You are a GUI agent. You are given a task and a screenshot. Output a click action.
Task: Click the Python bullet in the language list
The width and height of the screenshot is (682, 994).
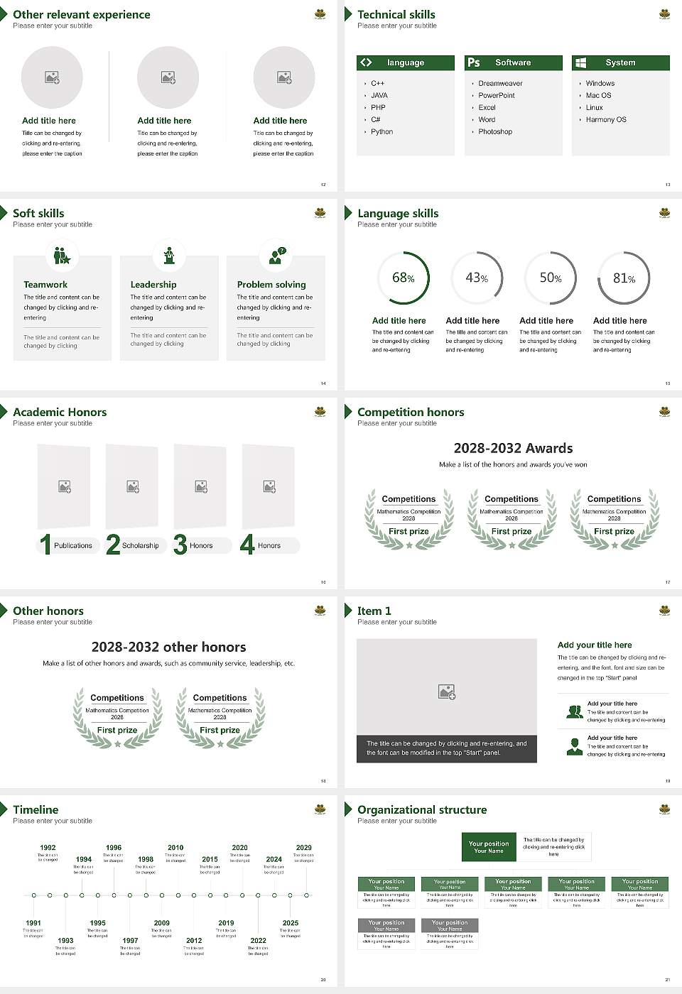[x=381, y=132]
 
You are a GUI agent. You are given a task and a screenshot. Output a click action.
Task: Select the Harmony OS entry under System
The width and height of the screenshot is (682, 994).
[x=605, y=120]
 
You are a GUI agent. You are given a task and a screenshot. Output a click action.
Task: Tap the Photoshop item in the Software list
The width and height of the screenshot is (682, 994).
[x=494, y=132]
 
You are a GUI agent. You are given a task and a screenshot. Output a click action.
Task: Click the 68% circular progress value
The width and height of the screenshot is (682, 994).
[x=403, y=278]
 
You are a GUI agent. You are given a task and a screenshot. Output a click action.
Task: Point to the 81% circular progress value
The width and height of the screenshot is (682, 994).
[x=624, y=278]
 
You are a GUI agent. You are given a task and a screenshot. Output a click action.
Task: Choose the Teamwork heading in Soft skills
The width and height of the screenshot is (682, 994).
[x=45, y=285]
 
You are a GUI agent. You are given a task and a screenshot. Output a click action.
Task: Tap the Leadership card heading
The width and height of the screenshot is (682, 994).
[x=153, y=285]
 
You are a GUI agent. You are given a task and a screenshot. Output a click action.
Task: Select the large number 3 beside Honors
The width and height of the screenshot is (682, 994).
[x=180, y=545]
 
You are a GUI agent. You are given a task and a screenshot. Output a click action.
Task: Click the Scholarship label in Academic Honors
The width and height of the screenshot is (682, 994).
[x=140, y=546]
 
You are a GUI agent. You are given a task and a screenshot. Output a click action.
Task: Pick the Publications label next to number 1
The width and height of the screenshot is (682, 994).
[x=72, y=546]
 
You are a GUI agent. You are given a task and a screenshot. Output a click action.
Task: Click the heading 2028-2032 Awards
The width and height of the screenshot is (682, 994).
[x=513, y=448]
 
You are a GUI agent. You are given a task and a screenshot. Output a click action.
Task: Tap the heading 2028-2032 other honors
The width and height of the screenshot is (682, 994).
[x=168, y=647]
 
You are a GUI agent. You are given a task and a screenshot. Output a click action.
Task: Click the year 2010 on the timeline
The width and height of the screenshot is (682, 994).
[x=175, y=848]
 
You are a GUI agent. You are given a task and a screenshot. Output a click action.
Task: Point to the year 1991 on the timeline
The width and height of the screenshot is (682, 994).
[x=33, y=923]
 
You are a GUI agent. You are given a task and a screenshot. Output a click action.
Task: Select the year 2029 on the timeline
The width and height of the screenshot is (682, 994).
[x=303, y=848]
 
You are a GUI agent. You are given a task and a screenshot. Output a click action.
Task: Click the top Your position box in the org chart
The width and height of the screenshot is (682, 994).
[x=489, y=847]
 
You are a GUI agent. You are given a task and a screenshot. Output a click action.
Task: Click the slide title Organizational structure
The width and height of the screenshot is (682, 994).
[x=422, y=809]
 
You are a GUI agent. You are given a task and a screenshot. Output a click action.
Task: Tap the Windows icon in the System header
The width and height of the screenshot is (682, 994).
[x=580, y=62]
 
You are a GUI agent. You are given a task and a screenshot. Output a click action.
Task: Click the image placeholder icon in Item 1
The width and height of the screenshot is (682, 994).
[x=446, y=692]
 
